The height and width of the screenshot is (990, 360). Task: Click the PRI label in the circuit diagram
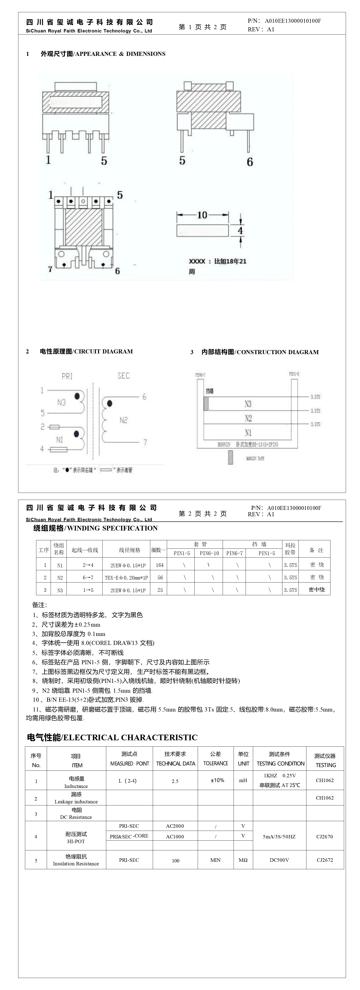[67, 376]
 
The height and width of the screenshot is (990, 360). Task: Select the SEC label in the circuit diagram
[123, 375]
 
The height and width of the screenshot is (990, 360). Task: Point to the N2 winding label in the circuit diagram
[123, 420]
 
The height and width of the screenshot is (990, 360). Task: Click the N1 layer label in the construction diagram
[248, 433]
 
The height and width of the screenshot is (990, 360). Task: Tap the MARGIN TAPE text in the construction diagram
[255, 459]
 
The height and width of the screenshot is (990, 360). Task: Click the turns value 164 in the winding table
[159, 565]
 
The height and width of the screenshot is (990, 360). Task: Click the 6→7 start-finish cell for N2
[88, 578]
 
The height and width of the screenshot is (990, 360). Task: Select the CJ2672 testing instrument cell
[325, 860]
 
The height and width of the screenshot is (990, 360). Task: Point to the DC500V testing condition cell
[279, 860]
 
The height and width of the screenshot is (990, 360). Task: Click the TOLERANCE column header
[216, 763]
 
